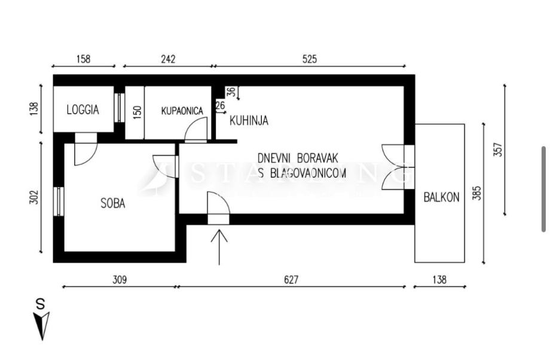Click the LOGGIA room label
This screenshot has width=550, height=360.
(x=82, y=110)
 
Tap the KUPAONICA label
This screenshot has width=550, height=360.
(x=182, y=111)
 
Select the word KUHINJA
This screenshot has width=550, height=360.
(x=249, y=121)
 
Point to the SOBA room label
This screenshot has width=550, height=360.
(x=112, y=203)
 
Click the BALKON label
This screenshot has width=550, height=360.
(x=441, y=197)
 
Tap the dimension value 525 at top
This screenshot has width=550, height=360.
(x=309, y=59)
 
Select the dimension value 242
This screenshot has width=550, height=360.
(x=168, y=59)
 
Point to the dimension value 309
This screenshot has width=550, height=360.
(x=120, y=279)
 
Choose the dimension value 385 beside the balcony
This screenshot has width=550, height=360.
(x=476, y=193)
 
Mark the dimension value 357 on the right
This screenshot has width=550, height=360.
(x=497, y=149)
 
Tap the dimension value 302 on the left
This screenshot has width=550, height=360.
(x=33, y=197)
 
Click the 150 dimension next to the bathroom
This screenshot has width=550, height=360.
(x=136, y=112)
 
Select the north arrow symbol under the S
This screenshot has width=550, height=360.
(x=42, y=325)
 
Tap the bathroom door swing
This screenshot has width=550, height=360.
(x=195, y=131)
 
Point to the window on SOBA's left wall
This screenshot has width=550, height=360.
(x=59, y=202)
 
